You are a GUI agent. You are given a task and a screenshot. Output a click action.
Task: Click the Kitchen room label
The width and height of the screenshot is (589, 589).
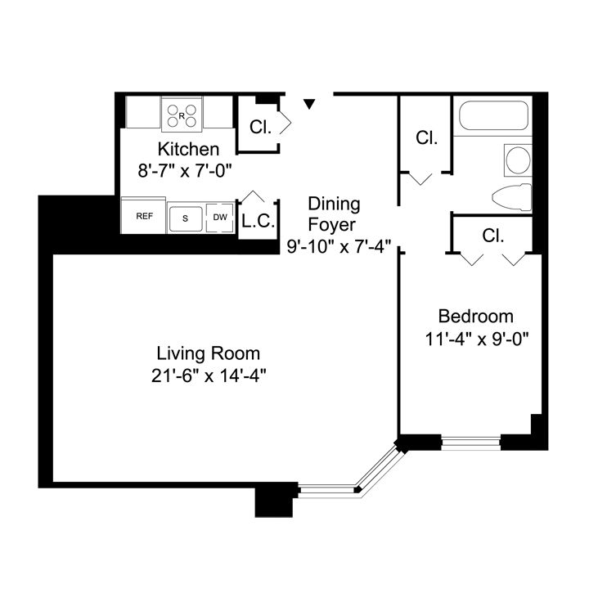tap(188, 150)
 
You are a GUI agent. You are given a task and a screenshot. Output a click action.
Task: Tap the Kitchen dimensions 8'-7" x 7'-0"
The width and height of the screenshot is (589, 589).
tap(186, 172)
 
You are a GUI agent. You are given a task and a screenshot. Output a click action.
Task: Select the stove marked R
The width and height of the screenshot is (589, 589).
tap(182, 113)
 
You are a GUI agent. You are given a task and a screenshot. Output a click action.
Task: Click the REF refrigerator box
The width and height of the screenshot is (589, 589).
tap(145, 216)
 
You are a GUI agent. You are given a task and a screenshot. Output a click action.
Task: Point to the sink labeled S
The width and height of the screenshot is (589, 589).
tap(186, 218)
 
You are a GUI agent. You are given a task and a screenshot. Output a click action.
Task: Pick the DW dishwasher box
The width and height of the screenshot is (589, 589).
tap(219, 217)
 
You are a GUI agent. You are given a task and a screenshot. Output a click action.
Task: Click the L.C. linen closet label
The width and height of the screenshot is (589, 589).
tap(258, 221)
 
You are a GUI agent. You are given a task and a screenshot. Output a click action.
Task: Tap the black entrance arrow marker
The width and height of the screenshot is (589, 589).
tap(309, 104)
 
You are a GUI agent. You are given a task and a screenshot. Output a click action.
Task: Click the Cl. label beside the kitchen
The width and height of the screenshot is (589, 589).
tap(260, 127)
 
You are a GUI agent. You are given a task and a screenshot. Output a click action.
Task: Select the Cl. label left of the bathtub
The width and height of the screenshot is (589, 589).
tap(426, 137)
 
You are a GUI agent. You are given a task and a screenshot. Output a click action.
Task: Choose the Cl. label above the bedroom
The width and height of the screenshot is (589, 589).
tap(492, 236)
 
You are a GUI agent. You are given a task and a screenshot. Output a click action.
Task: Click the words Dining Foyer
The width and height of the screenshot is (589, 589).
tap(333, 214)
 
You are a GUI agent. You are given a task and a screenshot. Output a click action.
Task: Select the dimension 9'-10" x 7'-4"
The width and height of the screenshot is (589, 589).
tap(339, 245)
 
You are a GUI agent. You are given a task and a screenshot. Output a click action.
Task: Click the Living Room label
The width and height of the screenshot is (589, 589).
tap(209, 353)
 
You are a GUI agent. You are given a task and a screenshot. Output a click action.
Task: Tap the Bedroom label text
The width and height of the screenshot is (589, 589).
tap(475, 317)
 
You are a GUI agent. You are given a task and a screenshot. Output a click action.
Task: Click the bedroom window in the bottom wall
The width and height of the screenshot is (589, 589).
tap(470, 443)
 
